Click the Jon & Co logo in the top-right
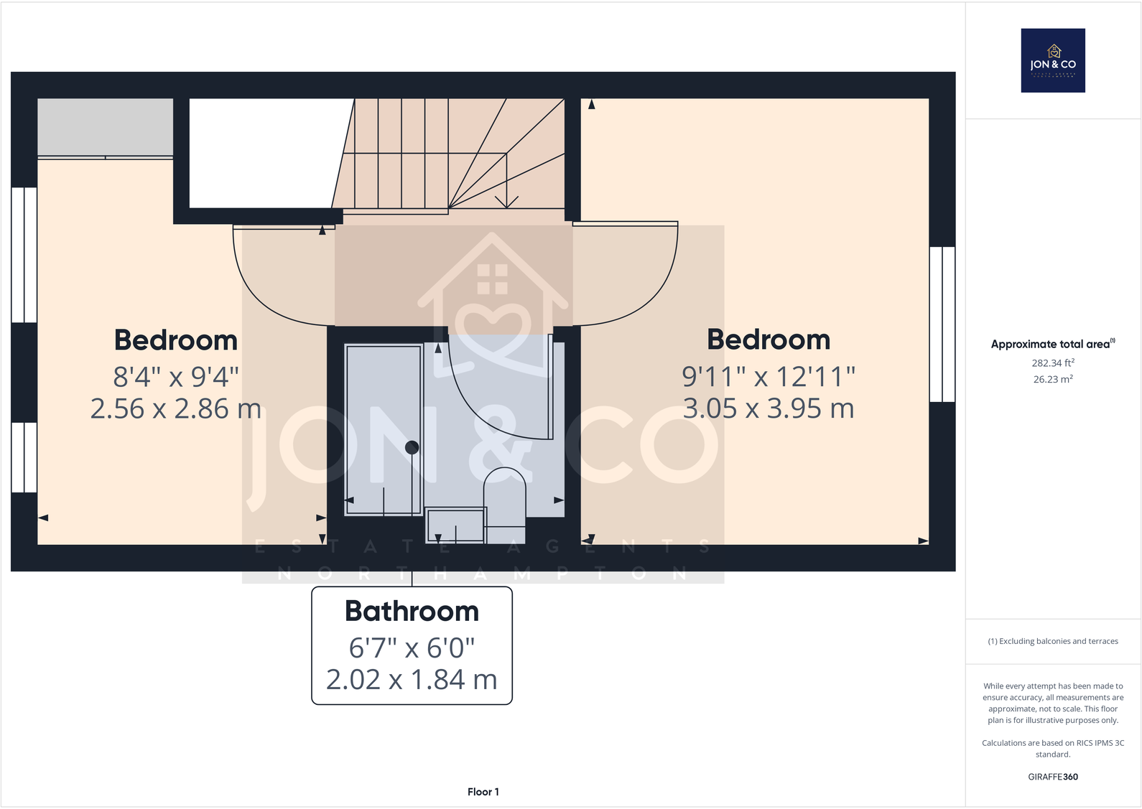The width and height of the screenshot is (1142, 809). click(1053, 60)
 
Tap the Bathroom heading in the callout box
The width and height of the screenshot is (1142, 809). click(412, 611)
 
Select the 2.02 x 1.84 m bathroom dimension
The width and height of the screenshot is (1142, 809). click(412, 680)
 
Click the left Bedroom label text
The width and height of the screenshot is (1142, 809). click(176, 340)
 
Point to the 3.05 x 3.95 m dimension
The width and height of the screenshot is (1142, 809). click(769, 408)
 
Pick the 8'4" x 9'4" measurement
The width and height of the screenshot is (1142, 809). click(176, 375)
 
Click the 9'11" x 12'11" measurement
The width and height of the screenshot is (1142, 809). click(769, 375)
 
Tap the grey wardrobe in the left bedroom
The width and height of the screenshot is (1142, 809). click(105, 127)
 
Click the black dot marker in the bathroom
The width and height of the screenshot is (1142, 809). click(412, 447)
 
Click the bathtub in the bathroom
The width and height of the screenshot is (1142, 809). click(384, 429)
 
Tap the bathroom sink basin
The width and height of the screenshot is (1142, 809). click(456, 525)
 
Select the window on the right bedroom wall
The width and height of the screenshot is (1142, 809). click(942, 324)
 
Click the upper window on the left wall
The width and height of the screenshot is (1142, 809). click(24, 255)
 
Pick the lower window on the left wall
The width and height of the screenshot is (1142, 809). click(24, 457)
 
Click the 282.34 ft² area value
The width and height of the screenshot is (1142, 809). click(1053, 363)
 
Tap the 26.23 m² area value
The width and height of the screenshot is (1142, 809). click(1053, 379)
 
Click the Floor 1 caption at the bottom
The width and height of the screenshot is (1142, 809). click(483, 792)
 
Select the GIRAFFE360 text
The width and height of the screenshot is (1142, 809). click(1053, 777)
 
